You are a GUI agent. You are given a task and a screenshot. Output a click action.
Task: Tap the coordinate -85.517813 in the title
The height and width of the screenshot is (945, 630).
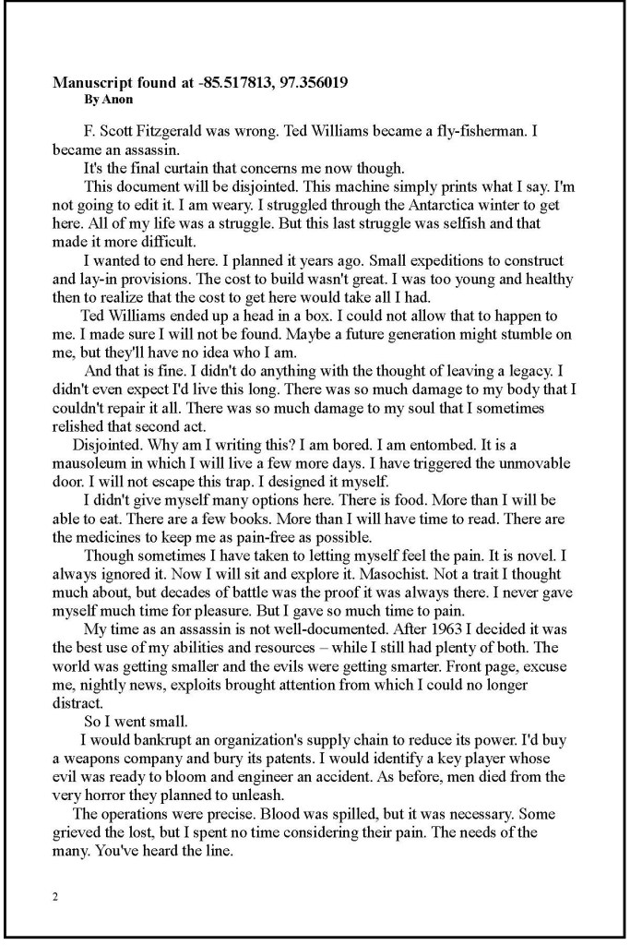point(235,82)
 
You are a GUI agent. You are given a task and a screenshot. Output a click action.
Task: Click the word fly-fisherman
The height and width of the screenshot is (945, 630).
point(476,131)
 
